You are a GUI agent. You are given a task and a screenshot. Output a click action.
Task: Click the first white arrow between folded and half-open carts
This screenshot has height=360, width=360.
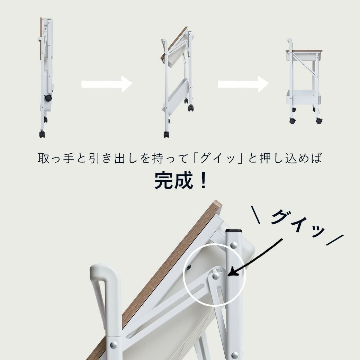click(107, 84)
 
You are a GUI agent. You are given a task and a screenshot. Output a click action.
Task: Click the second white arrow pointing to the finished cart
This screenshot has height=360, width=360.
click(243, 84)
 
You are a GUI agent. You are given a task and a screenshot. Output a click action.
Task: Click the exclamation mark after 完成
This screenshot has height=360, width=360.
click(204, 180)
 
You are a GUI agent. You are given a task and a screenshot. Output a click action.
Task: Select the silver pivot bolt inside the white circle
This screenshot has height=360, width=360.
click(215, 276)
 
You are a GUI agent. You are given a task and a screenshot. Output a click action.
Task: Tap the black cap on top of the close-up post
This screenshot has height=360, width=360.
click(233, 230)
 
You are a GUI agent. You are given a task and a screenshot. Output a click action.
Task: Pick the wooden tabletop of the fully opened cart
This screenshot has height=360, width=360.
click(304, 51)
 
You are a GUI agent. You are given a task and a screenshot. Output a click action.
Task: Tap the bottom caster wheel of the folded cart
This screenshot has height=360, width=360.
click(42, 134)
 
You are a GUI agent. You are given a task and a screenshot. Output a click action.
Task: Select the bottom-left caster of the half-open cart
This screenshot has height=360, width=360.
click(166, 135)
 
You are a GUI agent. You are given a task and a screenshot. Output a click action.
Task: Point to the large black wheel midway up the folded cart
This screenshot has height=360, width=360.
click(48, 98)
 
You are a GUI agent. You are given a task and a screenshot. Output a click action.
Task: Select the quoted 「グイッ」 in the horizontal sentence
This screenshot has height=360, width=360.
click(218, 158)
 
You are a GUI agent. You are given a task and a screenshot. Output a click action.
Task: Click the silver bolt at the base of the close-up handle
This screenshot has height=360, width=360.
click(114, 345)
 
